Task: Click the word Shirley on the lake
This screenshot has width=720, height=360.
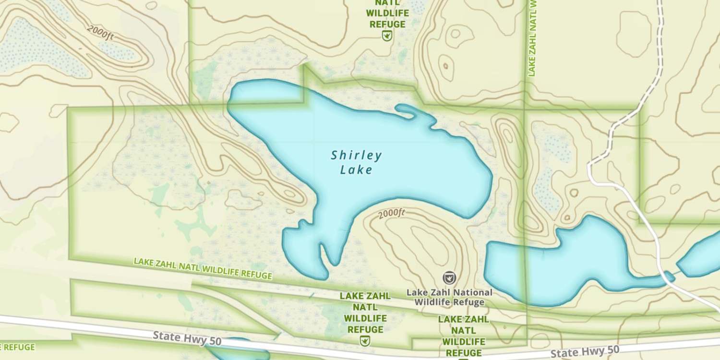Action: click(x=356, y=155)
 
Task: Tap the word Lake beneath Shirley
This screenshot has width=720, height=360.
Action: click(x=356, y=169)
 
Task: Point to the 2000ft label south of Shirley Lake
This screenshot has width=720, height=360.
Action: click(x=392, y=214)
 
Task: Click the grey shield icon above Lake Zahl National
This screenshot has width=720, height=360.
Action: click(x=449, y=277)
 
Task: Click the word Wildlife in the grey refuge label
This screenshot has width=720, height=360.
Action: click(x=435, y=302)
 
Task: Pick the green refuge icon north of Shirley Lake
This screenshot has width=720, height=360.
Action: click(x=386, y=35)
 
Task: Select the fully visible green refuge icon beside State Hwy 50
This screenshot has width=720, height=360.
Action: click(x=365, y=340)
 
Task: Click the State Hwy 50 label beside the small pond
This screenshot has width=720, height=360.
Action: click(x=187, y=338)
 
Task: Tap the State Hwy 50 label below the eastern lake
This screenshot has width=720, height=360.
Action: click(x=585, y=352)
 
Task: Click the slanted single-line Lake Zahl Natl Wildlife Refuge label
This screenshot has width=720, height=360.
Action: click(x=203, y=269)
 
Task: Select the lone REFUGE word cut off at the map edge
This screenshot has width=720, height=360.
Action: click(x=17, y=347)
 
